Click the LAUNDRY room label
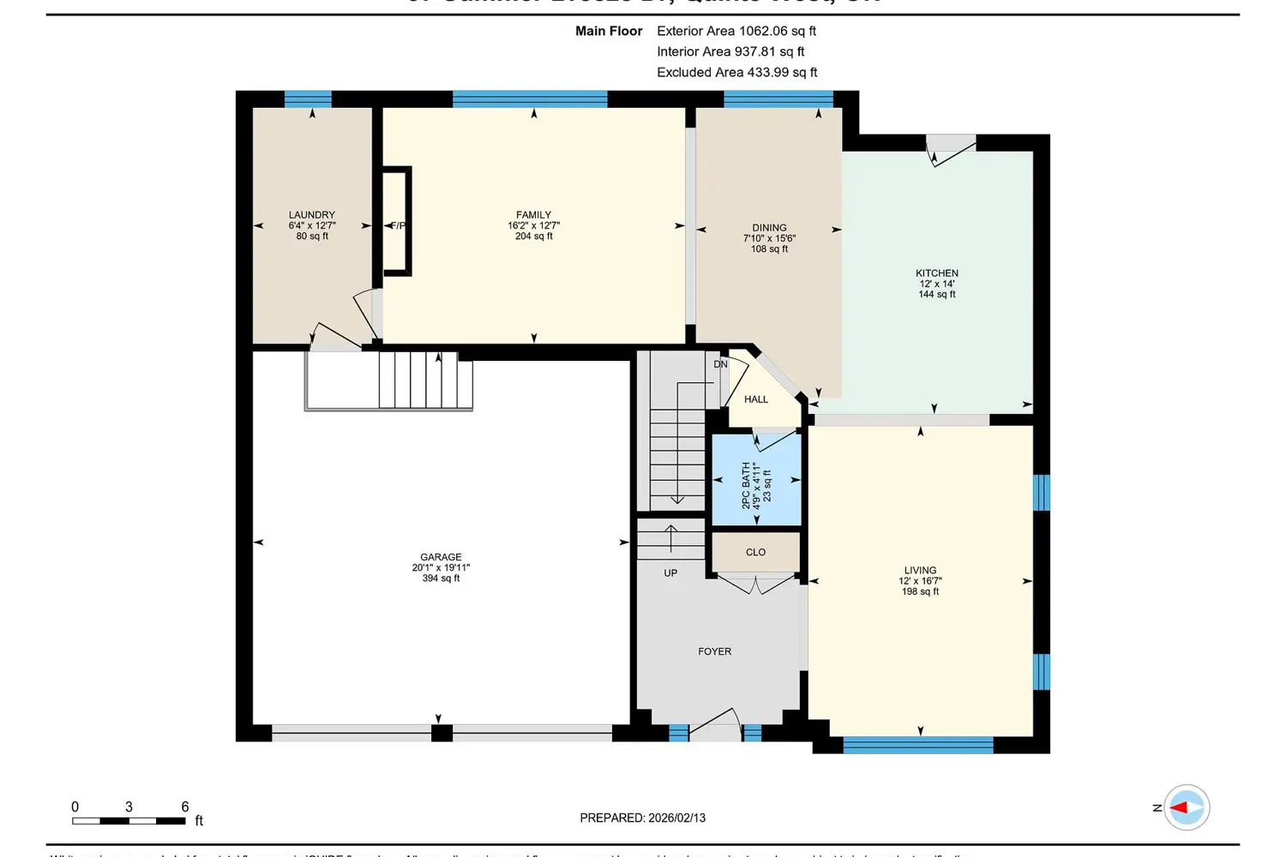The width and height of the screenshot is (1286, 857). click(x=312, y=215)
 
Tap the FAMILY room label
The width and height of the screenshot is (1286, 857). click(x=533, y=215)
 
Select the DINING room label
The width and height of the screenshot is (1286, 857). click(x=769, y=228)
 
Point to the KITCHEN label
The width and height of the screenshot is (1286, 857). click(x=936, y=273)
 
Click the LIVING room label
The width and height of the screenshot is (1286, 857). click(x=920, y=570)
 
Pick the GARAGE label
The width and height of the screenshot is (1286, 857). click(x=441, y=557)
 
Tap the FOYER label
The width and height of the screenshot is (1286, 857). click(x=714, y=652)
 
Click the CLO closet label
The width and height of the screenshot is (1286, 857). click(x=755, y=553)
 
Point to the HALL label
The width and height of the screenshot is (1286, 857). click(x=756, y=399)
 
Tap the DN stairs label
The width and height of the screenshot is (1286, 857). click(x=720, y=364)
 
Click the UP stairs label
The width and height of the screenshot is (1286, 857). click(x=670, y=573)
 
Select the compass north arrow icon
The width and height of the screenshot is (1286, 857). click(x=1187, y=807)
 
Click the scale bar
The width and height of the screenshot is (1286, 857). click(x=129, y=821)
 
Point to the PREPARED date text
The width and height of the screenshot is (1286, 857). click(x=642, y=818)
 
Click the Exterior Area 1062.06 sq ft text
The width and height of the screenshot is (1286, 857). click(x=736, y=31)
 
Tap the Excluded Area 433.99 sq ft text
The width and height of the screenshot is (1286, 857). click(x=736, y=73)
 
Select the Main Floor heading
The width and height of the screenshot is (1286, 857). click(x=609, y=31)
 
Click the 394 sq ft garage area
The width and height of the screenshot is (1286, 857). click(x=441, y=578)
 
